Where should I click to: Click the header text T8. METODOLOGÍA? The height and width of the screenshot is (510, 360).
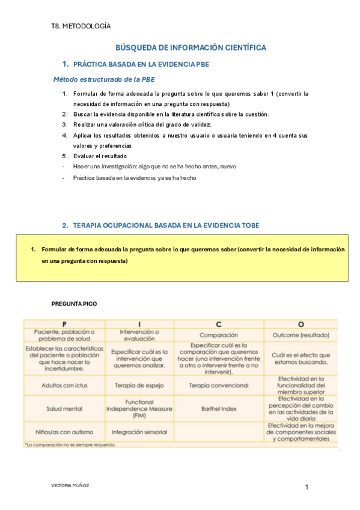[81, 26]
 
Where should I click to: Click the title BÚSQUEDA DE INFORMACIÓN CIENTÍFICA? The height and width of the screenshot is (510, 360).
[191, 48]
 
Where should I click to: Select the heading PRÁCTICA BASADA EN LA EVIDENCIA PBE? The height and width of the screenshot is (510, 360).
[141, 64]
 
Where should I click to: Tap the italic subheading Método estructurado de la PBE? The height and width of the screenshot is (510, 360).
[106, 79]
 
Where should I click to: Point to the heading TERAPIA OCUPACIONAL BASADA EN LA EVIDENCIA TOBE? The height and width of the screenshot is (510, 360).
[166, 226]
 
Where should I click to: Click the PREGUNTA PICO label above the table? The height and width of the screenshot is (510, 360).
[73, 304]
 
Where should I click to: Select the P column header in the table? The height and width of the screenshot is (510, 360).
[64, 324]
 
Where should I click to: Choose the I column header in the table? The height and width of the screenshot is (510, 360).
[139, 324]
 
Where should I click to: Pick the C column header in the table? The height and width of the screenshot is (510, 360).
[219, 324]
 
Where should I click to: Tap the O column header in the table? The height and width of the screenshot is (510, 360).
[301, 324]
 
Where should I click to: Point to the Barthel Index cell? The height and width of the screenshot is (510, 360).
[219, 409]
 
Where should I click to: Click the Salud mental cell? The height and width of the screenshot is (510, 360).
[64, 409]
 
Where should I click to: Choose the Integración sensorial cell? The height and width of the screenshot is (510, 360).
[139, 432]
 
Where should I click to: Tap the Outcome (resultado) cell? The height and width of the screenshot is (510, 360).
[301, 335]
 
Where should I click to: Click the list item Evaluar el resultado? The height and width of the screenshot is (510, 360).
[100, 156]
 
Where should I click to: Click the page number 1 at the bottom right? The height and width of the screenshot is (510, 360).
[307, 487]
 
